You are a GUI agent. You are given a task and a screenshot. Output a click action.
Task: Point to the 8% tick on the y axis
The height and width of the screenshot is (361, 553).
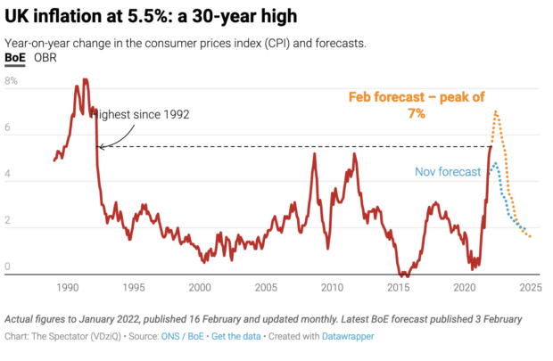pos(12,80)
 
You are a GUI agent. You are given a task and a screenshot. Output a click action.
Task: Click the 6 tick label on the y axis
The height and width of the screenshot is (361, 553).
pos(8,129)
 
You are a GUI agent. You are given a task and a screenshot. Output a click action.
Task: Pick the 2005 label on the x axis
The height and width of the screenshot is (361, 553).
pos(267,288)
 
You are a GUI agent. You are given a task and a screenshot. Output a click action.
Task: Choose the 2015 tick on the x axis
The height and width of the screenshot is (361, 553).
pos(399,288)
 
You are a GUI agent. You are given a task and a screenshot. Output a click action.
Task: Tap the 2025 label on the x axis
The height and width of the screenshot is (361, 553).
pos(531,288)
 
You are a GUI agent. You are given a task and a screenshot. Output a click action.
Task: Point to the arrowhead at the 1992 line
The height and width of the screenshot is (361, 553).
pos(99,146)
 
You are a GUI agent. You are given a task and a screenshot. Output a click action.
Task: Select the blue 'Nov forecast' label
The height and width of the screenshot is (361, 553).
pos(448,172)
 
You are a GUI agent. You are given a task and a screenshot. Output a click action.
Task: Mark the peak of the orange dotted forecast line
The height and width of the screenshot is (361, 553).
pos(495,111)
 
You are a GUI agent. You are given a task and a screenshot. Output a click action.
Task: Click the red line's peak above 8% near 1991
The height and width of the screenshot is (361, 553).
pos(86,79)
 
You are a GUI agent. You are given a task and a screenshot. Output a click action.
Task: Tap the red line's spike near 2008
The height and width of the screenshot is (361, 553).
pos(315,153)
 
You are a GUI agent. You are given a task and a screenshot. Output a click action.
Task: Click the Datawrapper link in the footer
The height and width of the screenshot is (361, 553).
pos(349,336)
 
